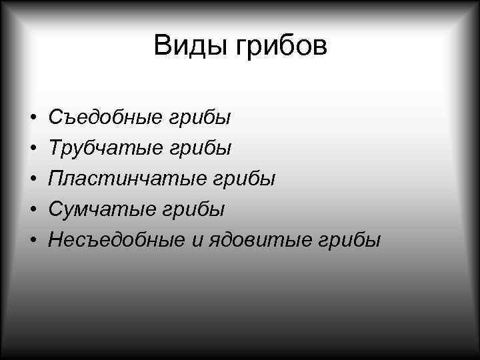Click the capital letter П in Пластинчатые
pyautogui.click(x=56, y=179)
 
